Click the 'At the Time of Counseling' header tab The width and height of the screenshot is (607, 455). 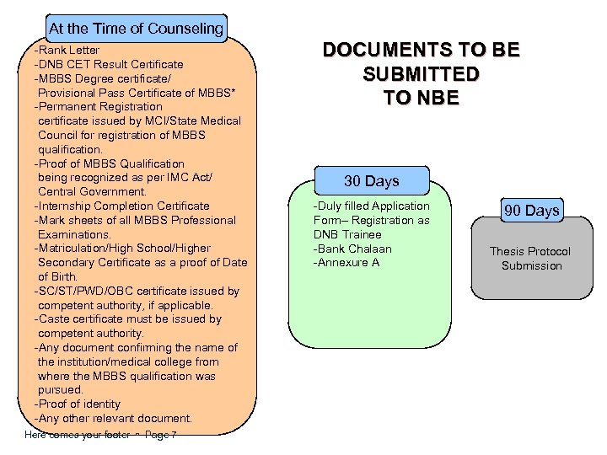point(136,29)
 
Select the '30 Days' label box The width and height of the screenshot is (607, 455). point(372,181)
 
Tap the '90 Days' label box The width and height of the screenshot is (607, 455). point(532,211)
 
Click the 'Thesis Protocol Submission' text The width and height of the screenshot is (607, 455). point(530,259)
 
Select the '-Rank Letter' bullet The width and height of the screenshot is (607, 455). point(67,51)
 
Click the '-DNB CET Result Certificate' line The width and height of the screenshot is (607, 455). point(108,65)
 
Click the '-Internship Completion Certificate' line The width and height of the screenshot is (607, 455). point(121,206)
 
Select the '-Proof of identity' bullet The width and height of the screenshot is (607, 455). point(77,404)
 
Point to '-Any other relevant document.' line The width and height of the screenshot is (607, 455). point(113,419)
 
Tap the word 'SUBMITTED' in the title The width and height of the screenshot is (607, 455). point(422,74)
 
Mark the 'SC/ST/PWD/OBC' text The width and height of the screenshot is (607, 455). point(79,292)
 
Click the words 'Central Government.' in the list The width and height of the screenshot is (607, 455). point(93,192)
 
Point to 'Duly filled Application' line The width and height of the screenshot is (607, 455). point(372,206)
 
